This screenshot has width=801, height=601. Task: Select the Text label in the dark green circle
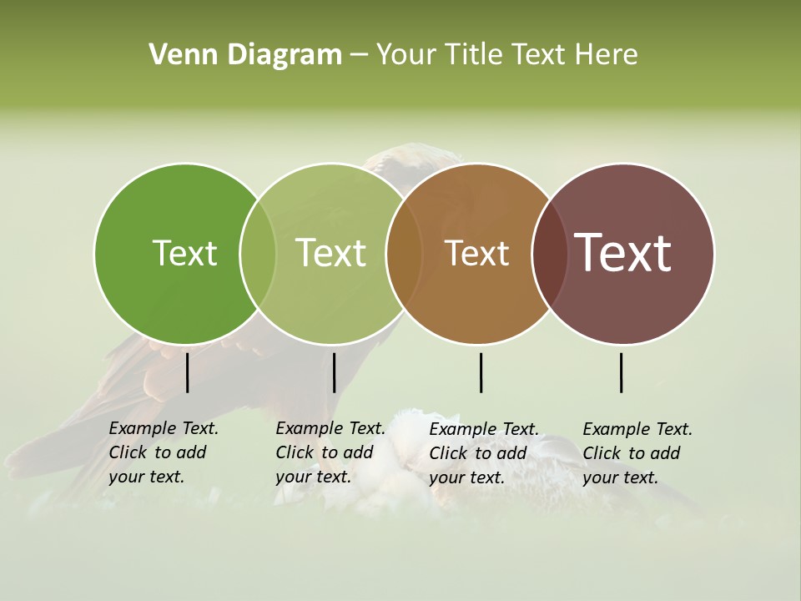coord(184,253)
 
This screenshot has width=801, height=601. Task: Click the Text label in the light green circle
coord(330,253)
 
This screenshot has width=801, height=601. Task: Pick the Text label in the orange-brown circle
coord(476,253)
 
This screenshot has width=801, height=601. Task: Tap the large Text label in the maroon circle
coord(622,253)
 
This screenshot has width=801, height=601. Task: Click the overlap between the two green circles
coord(258,253)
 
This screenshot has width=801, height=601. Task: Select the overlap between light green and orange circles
coord(404,253)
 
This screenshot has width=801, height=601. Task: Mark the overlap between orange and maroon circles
coord(550,253)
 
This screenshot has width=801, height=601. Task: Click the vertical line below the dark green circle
coord(188,372)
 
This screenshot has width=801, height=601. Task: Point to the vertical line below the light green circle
coord(334,372)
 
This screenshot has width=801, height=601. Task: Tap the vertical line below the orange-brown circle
coord(481,372)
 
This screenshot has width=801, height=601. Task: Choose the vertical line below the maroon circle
coord(621,372)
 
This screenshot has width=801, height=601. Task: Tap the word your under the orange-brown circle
coord(447,478)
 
